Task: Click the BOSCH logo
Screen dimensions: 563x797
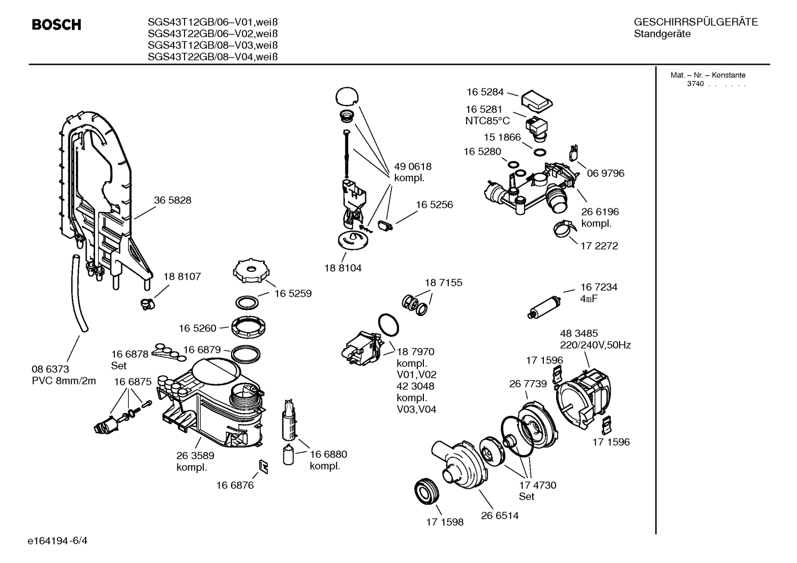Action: point(56,25)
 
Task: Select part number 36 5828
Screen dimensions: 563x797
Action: point(172,201)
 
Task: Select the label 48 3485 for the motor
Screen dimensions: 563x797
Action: point(579,334)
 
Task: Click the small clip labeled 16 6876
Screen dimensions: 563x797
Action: point(264,467)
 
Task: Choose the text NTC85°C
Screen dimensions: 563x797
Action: point(487,120)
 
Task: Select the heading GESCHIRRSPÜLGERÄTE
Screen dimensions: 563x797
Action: point(695,23)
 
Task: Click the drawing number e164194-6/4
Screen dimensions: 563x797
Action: point(57,540)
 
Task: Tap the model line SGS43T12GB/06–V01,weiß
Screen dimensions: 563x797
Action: point(212,23)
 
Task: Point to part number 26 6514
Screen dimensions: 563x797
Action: point(500,515)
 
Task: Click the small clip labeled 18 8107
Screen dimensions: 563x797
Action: point(147,303)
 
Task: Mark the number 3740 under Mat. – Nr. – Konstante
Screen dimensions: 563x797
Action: point(695,84)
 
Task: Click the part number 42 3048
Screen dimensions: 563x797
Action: point(415,386)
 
